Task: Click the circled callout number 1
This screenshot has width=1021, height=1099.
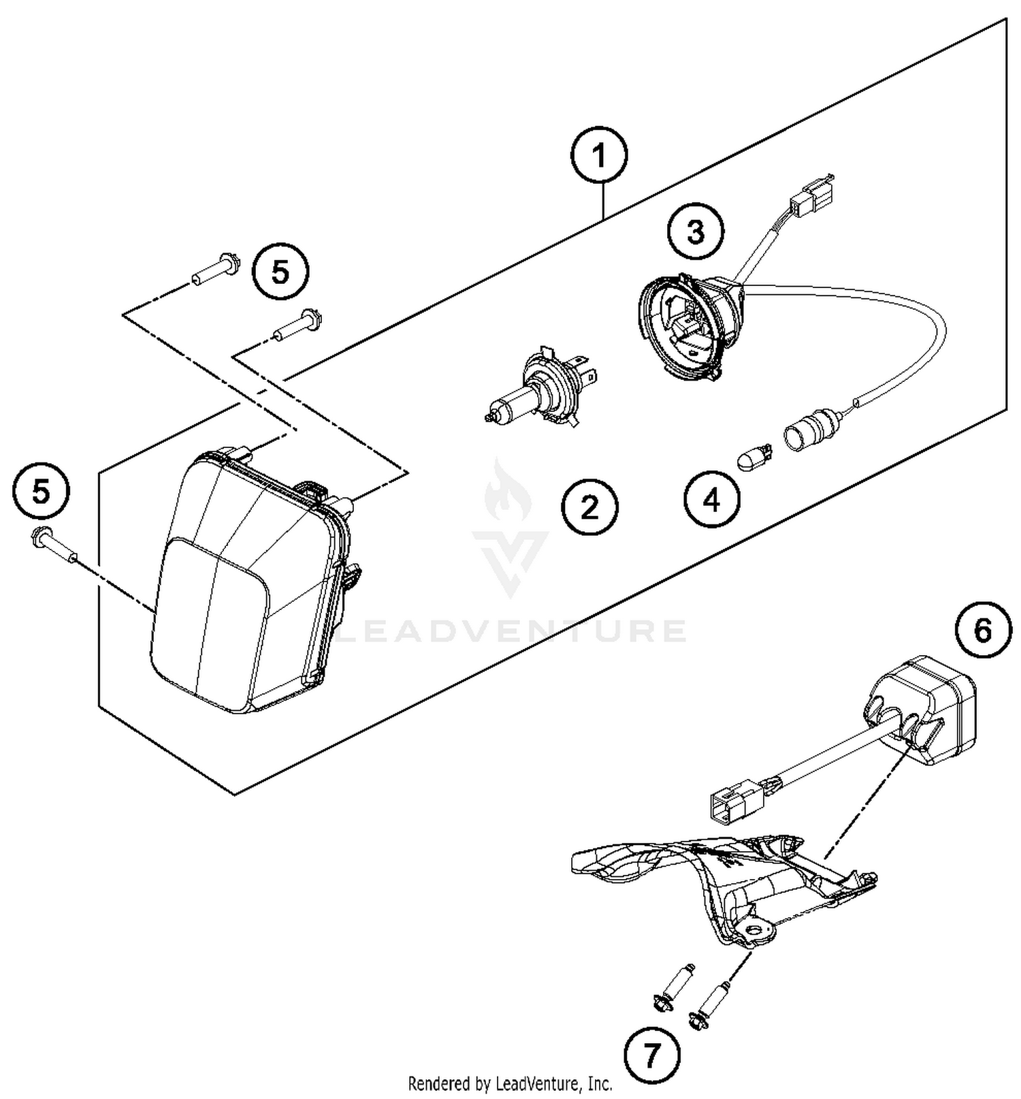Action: pyautogui.click(x=599, y=157)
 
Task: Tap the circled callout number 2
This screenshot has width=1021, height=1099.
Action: pyautogui.click(x=589, y=507)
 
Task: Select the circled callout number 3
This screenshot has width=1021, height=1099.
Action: pyautogui.click(x=695, y=232)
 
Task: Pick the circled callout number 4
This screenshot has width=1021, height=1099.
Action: pyautogui.click(x=711, y=500)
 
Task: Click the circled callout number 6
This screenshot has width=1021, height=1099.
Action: pyautogui.click(x=983, y=631)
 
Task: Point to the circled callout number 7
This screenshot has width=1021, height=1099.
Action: pyautogui.click(x=651, y=1055)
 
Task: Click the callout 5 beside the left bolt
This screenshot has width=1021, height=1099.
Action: pyautogui.click(x=41, y=492)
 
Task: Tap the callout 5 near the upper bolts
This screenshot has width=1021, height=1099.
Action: pyautogui.click(x=280, y=272)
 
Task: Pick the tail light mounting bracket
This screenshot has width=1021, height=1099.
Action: pyautogui.click(x=722, y=885)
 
